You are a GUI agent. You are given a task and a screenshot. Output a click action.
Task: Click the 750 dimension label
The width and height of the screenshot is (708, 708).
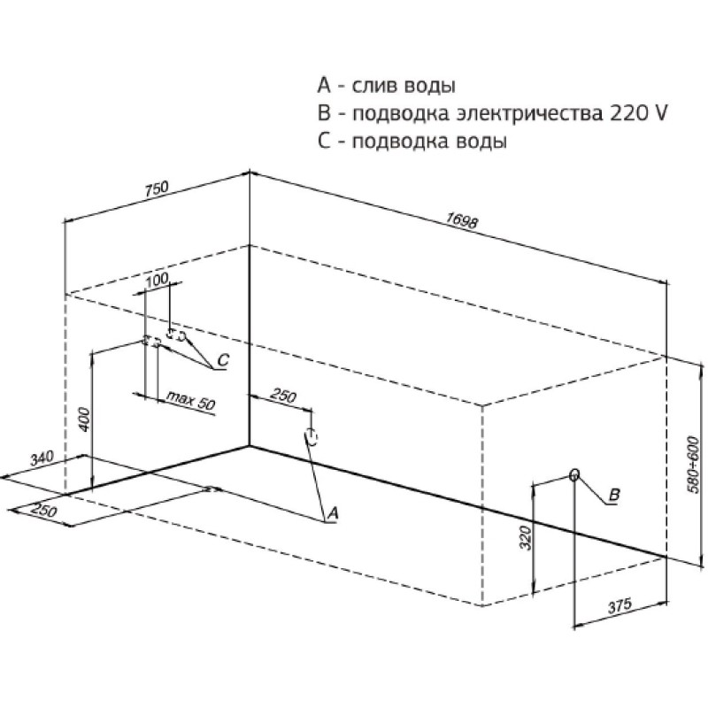tap(157, 189)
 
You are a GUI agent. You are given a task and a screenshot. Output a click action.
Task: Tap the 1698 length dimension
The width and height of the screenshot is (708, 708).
tap(461, 220)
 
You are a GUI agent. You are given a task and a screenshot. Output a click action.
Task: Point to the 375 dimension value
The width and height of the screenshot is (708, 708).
tap(619, 606)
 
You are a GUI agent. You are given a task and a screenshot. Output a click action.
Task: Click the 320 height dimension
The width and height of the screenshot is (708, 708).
tap(526, 538)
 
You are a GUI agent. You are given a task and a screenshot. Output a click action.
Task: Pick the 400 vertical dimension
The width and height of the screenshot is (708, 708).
tap(85, 419)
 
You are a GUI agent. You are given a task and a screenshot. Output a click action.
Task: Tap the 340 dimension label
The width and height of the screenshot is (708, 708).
tap(42, 458)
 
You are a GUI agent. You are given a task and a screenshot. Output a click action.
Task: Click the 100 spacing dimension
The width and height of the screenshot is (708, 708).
tap(158, 280)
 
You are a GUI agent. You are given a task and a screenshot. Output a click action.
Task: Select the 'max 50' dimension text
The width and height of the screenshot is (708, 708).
tap(190, 400)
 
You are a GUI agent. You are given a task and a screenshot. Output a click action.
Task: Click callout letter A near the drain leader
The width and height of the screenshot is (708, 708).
tap(334, 512)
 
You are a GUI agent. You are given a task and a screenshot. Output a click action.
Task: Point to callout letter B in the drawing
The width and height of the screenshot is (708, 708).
tap(614, 495)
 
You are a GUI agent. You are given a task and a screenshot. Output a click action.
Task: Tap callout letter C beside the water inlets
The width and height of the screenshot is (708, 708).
tap(223, 360)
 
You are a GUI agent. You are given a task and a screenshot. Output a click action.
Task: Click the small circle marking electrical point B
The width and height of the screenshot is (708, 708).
tap(574, 474)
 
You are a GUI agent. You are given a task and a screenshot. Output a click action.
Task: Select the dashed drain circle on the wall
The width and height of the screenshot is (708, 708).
tap(312, 436)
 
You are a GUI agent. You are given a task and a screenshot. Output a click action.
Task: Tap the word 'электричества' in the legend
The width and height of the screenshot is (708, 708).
tap(529, 114)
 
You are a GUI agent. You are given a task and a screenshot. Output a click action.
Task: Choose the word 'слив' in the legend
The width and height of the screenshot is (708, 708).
tap(377, 86)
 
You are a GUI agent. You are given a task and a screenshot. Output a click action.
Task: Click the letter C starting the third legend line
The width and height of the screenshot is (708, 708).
tap(324, 142)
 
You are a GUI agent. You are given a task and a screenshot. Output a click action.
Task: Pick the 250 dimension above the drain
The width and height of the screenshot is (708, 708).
tap(283, 396)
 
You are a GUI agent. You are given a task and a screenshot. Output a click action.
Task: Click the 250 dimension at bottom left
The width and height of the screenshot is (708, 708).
tap(45, 510)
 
